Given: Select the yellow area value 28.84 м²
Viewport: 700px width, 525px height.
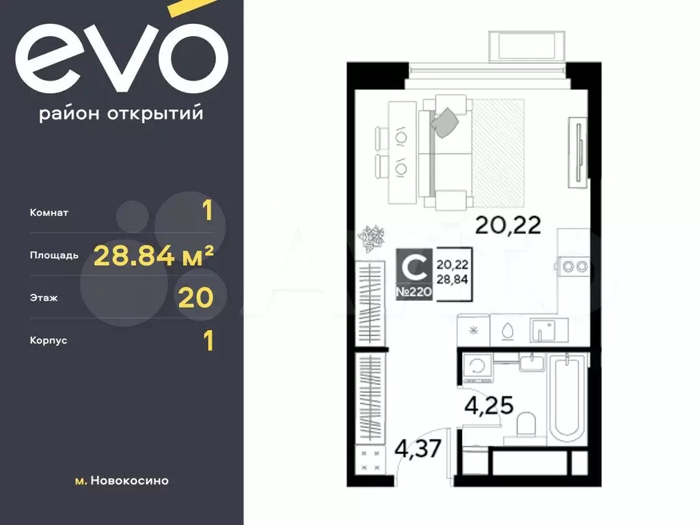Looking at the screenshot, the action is (154, 256).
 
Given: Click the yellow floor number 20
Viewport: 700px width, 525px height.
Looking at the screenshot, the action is (196, 298).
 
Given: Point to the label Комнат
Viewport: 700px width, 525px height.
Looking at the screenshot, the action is (49, 213).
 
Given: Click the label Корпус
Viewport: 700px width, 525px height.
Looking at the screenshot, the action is (49, 340).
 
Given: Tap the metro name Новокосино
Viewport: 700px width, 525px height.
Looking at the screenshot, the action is (129, 481).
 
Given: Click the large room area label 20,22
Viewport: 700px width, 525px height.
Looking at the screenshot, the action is (508, 225).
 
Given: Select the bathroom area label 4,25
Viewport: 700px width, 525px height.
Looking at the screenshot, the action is (489, 406).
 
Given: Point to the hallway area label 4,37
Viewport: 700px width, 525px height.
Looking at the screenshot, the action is (418, 448).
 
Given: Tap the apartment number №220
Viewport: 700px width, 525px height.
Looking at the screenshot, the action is (414, 293).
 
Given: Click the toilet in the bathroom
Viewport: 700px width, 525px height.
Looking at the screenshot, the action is (526, 424).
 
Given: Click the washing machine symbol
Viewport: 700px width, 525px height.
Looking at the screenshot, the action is (478, 367).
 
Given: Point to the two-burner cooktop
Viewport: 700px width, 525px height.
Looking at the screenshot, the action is (574, 267).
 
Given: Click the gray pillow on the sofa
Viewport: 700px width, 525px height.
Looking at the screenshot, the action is (445, 122).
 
